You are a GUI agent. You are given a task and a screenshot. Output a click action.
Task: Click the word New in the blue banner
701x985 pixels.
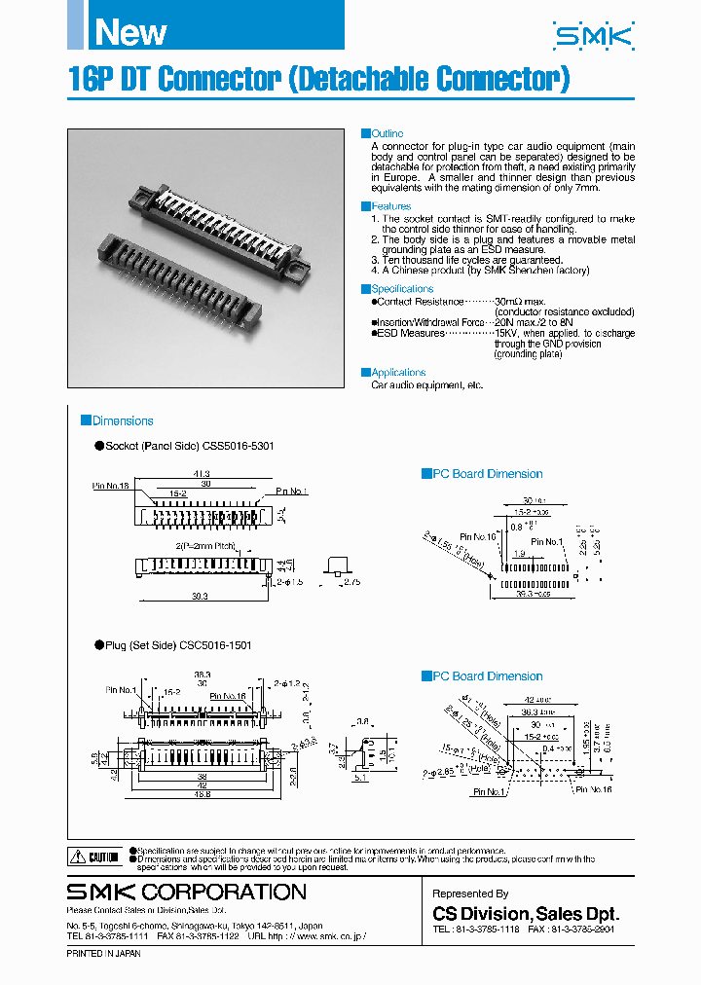click(130, 32)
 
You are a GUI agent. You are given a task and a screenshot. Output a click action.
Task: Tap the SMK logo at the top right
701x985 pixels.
click(592, 37)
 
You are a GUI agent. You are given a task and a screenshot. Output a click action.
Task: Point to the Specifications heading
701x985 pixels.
click(402, 289)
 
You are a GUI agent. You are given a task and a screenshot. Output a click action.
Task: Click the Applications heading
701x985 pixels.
click(398, 372)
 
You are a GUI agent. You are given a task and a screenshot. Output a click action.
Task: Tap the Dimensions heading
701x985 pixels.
click(122, 421)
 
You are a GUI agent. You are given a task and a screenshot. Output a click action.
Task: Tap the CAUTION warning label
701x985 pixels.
click(95, 857)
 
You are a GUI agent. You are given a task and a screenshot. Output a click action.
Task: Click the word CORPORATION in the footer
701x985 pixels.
click(224, 892)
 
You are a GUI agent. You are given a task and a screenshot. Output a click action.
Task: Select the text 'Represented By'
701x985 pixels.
click(470, 894)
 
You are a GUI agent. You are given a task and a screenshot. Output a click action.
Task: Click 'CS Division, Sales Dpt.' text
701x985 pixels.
click(526, 914)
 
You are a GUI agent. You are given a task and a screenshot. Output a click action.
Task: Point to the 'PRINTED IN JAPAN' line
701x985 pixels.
click(103, 954)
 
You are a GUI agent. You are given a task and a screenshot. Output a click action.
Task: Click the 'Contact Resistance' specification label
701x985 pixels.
click(415, 302)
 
